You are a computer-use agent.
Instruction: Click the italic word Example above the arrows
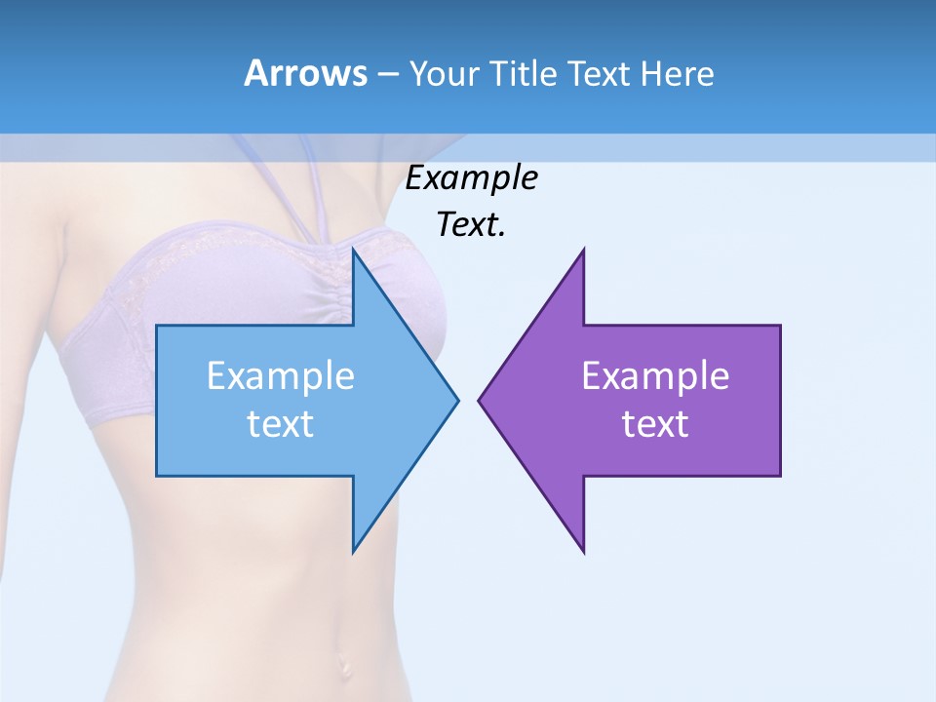click(471, 178)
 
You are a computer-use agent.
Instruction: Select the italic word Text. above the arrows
click(471, 225)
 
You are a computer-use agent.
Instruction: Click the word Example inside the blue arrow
click(280, 376)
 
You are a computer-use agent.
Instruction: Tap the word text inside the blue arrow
click(280, 424)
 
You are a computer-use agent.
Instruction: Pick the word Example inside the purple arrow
click(655, 376)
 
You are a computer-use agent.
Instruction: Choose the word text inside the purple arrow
click(655, 424)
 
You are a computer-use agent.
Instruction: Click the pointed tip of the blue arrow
click(456, 400)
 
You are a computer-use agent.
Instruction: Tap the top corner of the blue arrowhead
click(354, 251)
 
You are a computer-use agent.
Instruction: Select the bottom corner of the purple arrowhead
click(583, 551)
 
